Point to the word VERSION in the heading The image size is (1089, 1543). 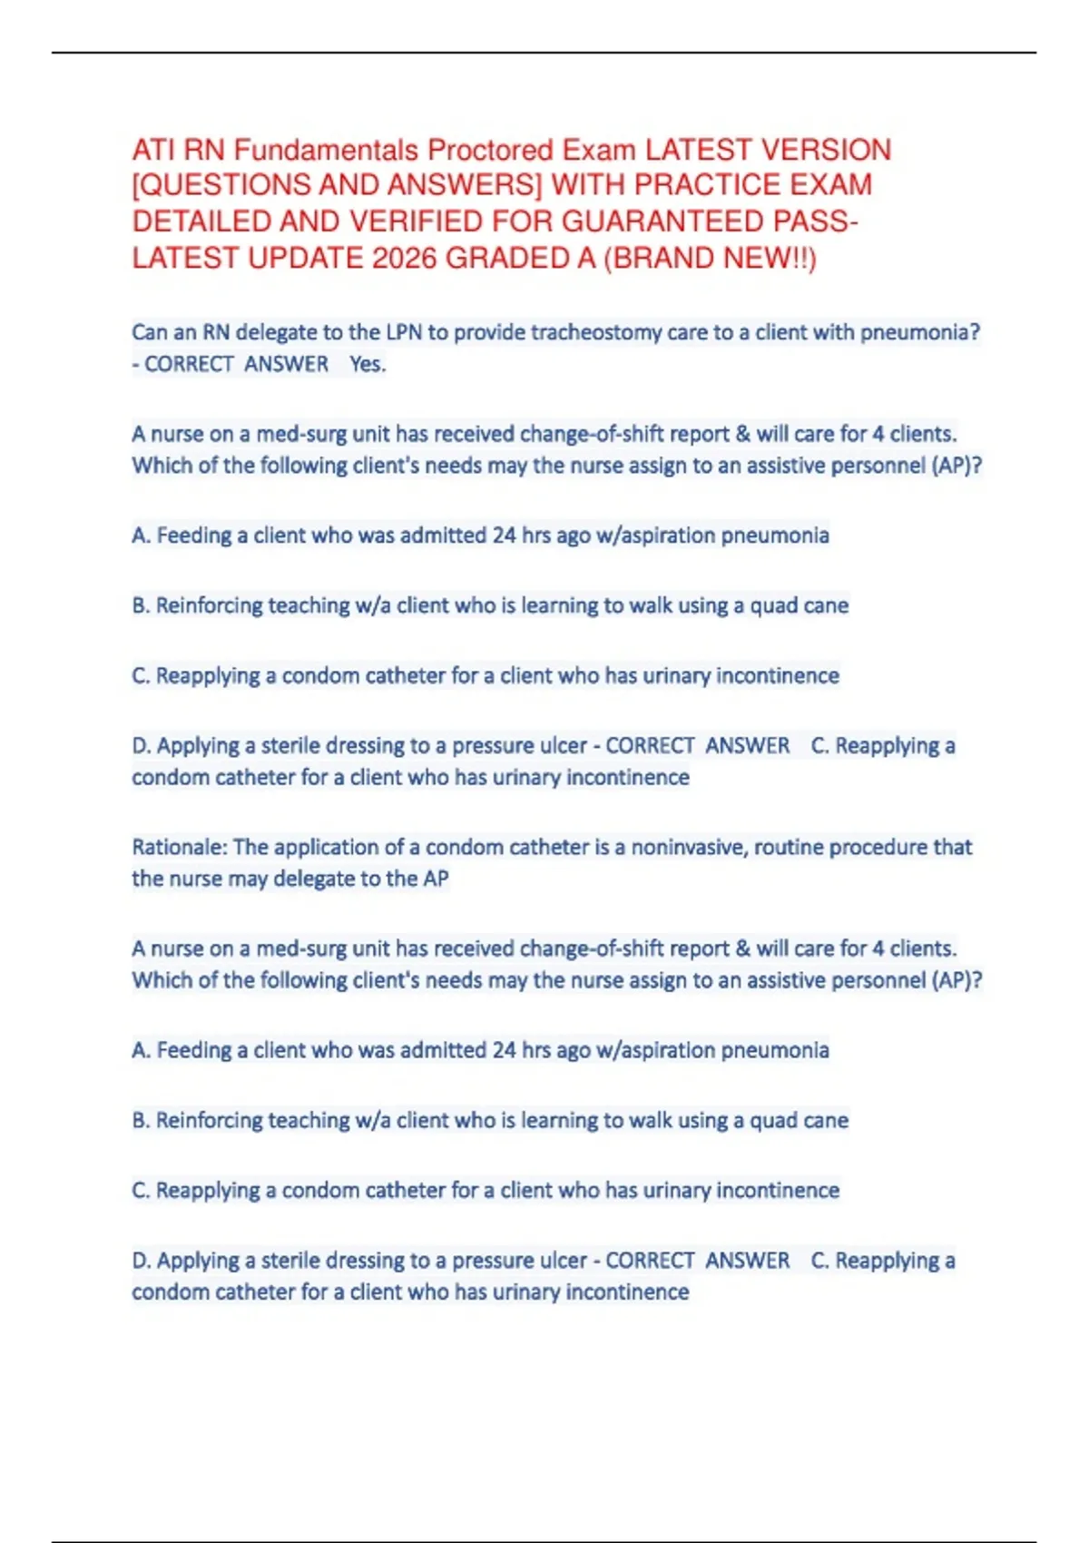pos(826,150)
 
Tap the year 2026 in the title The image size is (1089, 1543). pos(405,259)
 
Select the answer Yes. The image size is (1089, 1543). pos(368,364)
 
